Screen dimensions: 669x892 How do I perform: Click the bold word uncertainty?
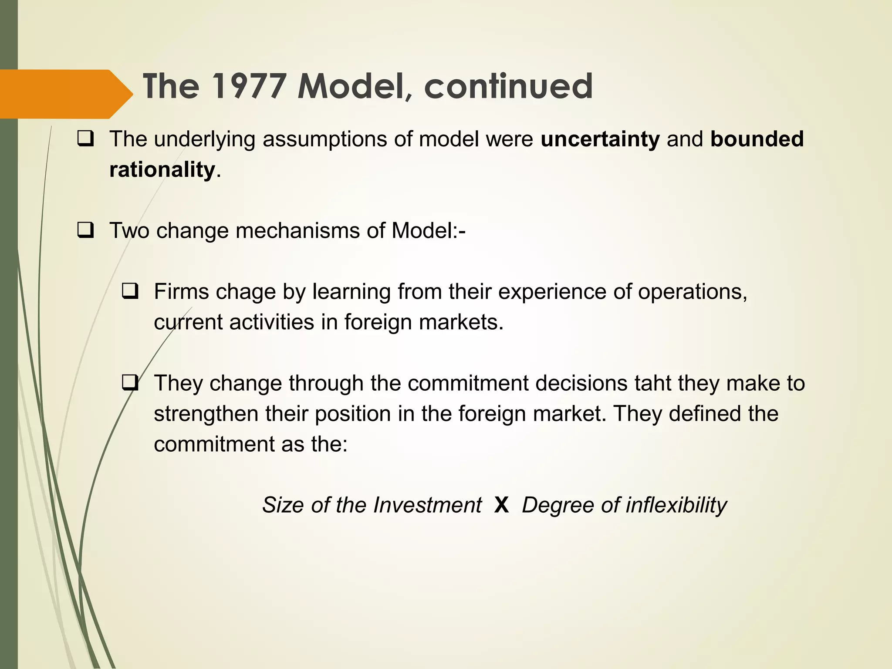[x=600, y=139]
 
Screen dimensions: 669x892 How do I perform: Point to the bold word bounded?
[x=757, y=139]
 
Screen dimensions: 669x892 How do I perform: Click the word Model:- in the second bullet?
[x=429, y=230]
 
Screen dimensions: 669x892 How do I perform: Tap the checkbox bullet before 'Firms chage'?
[x=130, y=291]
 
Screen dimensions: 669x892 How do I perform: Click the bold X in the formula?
[x=502, y=505]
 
